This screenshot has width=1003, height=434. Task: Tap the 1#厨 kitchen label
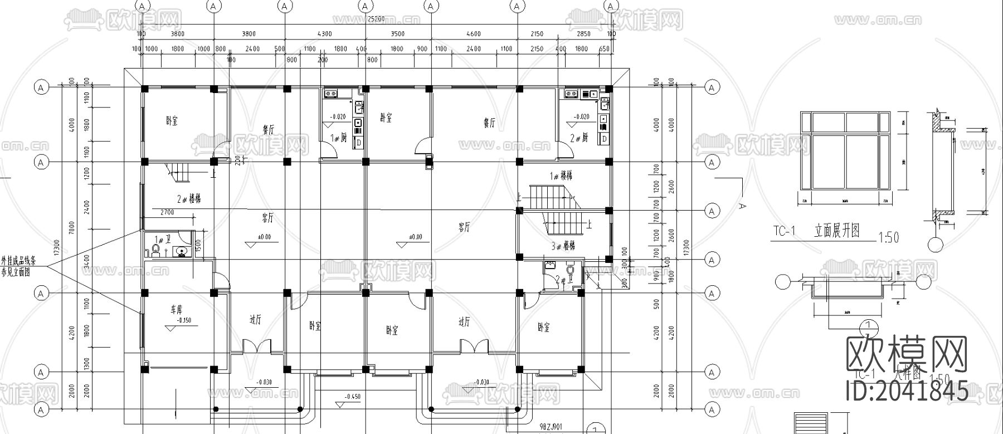click(339, 138)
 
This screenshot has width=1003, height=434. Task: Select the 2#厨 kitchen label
click(579, 138)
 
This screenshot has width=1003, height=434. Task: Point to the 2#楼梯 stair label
click(189, 198)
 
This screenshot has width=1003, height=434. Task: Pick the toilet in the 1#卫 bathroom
click(156, 248)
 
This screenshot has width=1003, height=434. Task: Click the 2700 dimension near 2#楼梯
click(167, 212)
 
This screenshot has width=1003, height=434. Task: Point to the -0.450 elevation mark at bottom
click(352, 396)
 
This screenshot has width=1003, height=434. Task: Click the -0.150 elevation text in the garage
click(184, 320)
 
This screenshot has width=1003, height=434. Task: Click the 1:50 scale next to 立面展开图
click(888, 238)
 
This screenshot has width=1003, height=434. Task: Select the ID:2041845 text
click(907, 392)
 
